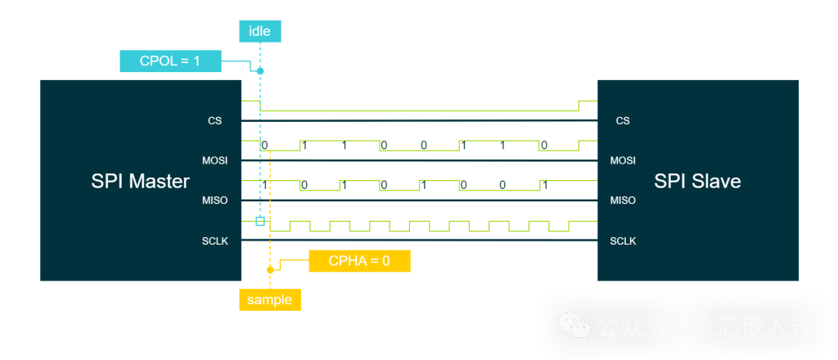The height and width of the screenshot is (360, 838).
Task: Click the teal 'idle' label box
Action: pos(259,32)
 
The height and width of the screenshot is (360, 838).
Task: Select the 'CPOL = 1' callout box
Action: pos(170,61)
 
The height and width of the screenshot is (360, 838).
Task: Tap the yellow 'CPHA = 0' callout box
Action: pos(358,261)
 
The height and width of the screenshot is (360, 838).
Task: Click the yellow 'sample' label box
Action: pos(269,299)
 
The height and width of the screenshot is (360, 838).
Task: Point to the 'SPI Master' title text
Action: pos(140,182)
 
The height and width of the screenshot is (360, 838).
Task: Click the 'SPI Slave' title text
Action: pos(697,182)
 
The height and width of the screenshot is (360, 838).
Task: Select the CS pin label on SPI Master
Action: pos(214,121)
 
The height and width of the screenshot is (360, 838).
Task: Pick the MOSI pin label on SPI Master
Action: pos(214,160)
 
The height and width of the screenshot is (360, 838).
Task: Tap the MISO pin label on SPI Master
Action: pos(214,200)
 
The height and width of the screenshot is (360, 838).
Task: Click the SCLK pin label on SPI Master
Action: pos(214,241)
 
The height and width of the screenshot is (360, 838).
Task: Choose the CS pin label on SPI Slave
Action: pos(623,121)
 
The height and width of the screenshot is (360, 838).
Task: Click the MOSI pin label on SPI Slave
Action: pos(623,160)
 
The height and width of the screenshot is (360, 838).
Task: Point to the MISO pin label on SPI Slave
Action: pos(623,200)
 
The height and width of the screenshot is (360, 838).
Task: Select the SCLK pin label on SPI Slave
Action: pos(623,241)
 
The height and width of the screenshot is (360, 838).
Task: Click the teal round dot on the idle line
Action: pos(260,71)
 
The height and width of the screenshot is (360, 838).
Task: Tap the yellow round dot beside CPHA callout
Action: pos(269,269)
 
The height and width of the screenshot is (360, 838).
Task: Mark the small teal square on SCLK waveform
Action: pos(260,221)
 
